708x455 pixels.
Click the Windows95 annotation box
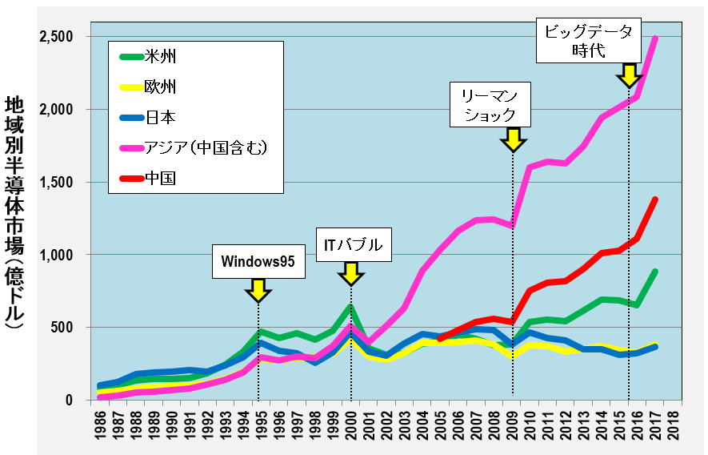pos(258,262)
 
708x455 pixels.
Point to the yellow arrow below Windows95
pos(258,290)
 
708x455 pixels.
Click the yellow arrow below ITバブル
pos(350,273)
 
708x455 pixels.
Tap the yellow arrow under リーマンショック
pos(512,140)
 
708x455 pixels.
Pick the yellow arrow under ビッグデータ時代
pos(629,76)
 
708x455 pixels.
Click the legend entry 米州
pos(160,57)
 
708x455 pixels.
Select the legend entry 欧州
pos(160,87)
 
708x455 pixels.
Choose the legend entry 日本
pos(160,118)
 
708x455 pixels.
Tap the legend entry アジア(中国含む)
pos(205,147)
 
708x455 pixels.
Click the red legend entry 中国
pos(160,178)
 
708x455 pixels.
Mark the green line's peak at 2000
pos(350,307)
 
